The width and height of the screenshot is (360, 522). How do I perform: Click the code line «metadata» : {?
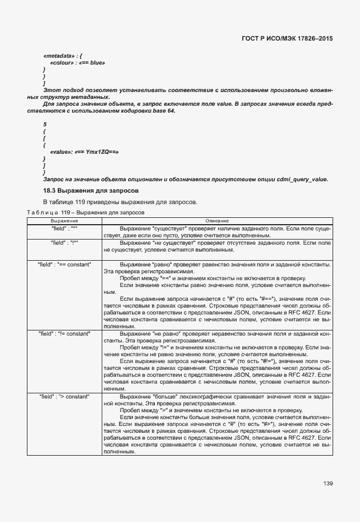[x=63, y=55]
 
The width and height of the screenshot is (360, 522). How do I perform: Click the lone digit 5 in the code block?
[x=45, y=124]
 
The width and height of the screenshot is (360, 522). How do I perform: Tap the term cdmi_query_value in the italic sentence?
[x=306, y=179]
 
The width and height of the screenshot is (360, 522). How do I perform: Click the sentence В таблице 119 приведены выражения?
[x=120, y=202]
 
